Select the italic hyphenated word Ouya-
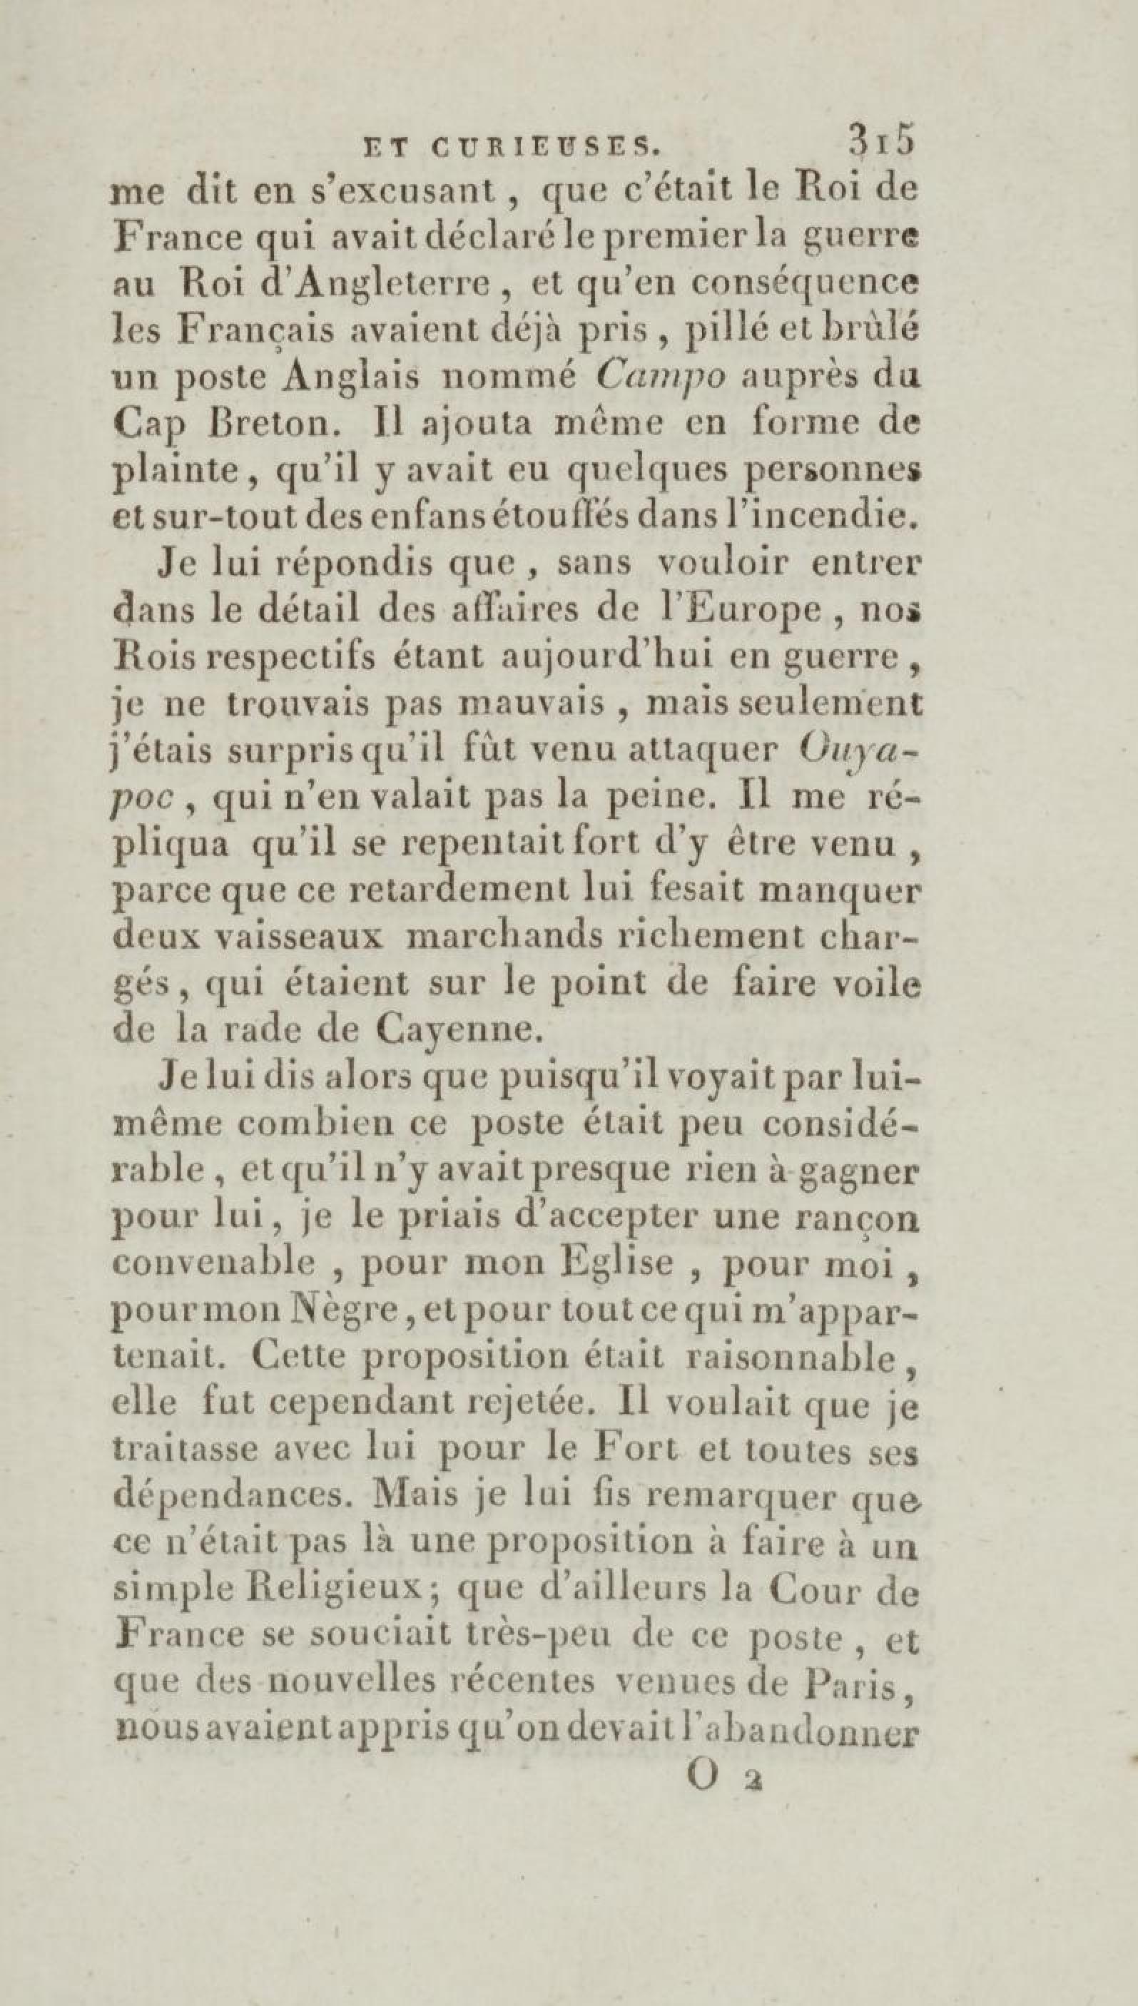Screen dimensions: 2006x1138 [x=860, y=753]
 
